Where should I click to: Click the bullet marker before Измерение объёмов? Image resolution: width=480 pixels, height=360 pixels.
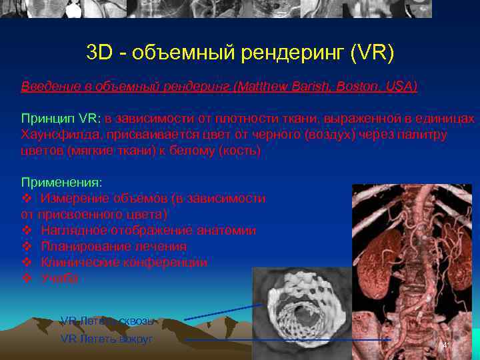click(27, 199)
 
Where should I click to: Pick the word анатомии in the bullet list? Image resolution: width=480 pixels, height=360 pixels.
click(227, 231)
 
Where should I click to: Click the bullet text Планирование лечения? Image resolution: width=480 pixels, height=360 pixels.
click(113, 247)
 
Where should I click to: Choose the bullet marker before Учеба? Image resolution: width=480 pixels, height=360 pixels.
click(27, 279)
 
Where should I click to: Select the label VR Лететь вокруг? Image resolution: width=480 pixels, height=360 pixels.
click(107, 339)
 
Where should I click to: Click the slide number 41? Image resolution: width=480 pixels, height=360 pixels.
click(446, 345)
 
